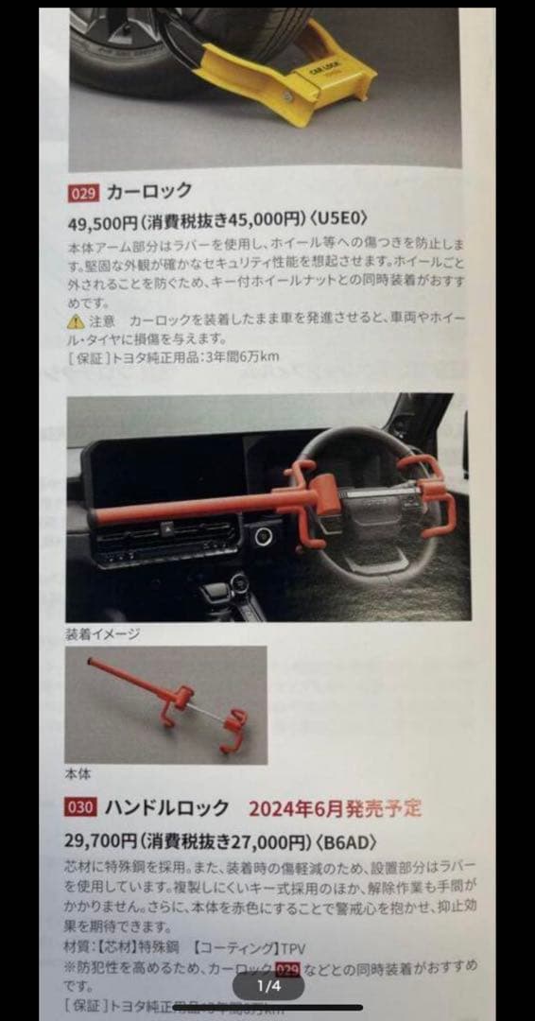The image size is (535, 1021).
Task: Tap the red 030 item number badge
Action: pyautogui.click(x=80, y=807)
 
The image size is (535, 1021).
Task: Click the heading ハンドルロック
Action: pyautogui.click(x=166, y=807)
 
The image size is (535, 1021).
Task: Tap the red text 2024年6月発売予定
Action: pyautogui.click(x=335, y=808)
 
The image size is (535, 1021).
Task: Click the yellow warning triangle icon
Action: pyautogui.click(x=76, y=321)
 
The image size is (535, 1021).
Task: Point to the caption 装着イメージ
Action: pyautogui.click(x=102, y=633)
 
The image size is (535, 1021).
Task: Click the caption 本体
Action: pyautogui.click(x=78, y=773)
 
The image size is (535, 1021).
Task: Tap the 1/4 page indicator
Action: pyautogui.click(x=268, y=986)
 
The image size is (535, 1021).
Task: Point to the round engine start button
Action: pyautogui.click(x=262, y=536)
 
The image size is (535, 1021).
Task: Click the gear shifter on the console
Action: pyautogui.click(x=219, y=593)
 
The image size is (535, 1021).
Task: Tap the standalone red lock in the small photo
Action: pyautogui.click(x=170, y=704)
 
